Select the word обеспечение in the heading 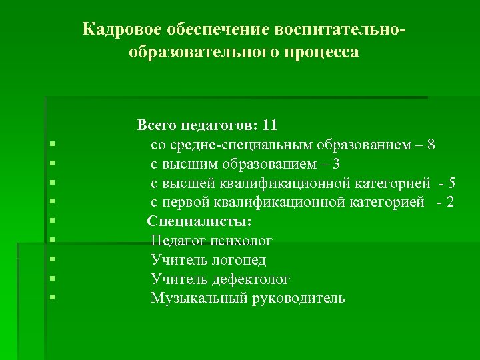click(x=216, y=30)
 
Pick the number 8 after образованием click(x=432, y=144)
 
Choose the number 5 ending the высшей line click(x=453, y=183)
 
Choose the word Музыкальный click(x=198, y=298)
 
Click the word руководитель click(x=298, y=298)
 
